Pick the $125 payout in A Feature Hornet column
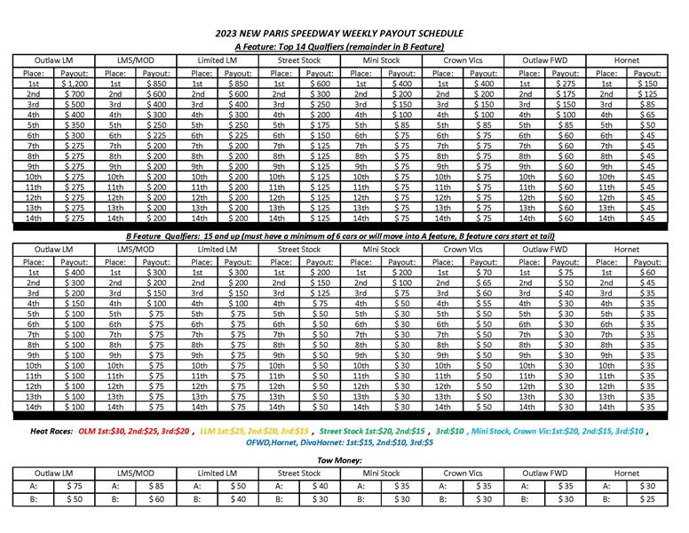pyautogui.click(x=646, y=93)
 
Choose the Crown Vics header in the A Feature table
pyautogui.click(x=462, y=60)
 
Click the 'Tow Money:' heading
pyautogui.click(x=343, y=460)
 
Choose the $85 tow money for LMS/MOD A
pyautogui.click(x=154, y=486)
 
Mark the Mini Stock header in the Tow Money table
pyautogui.click(x=380, y=473)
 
